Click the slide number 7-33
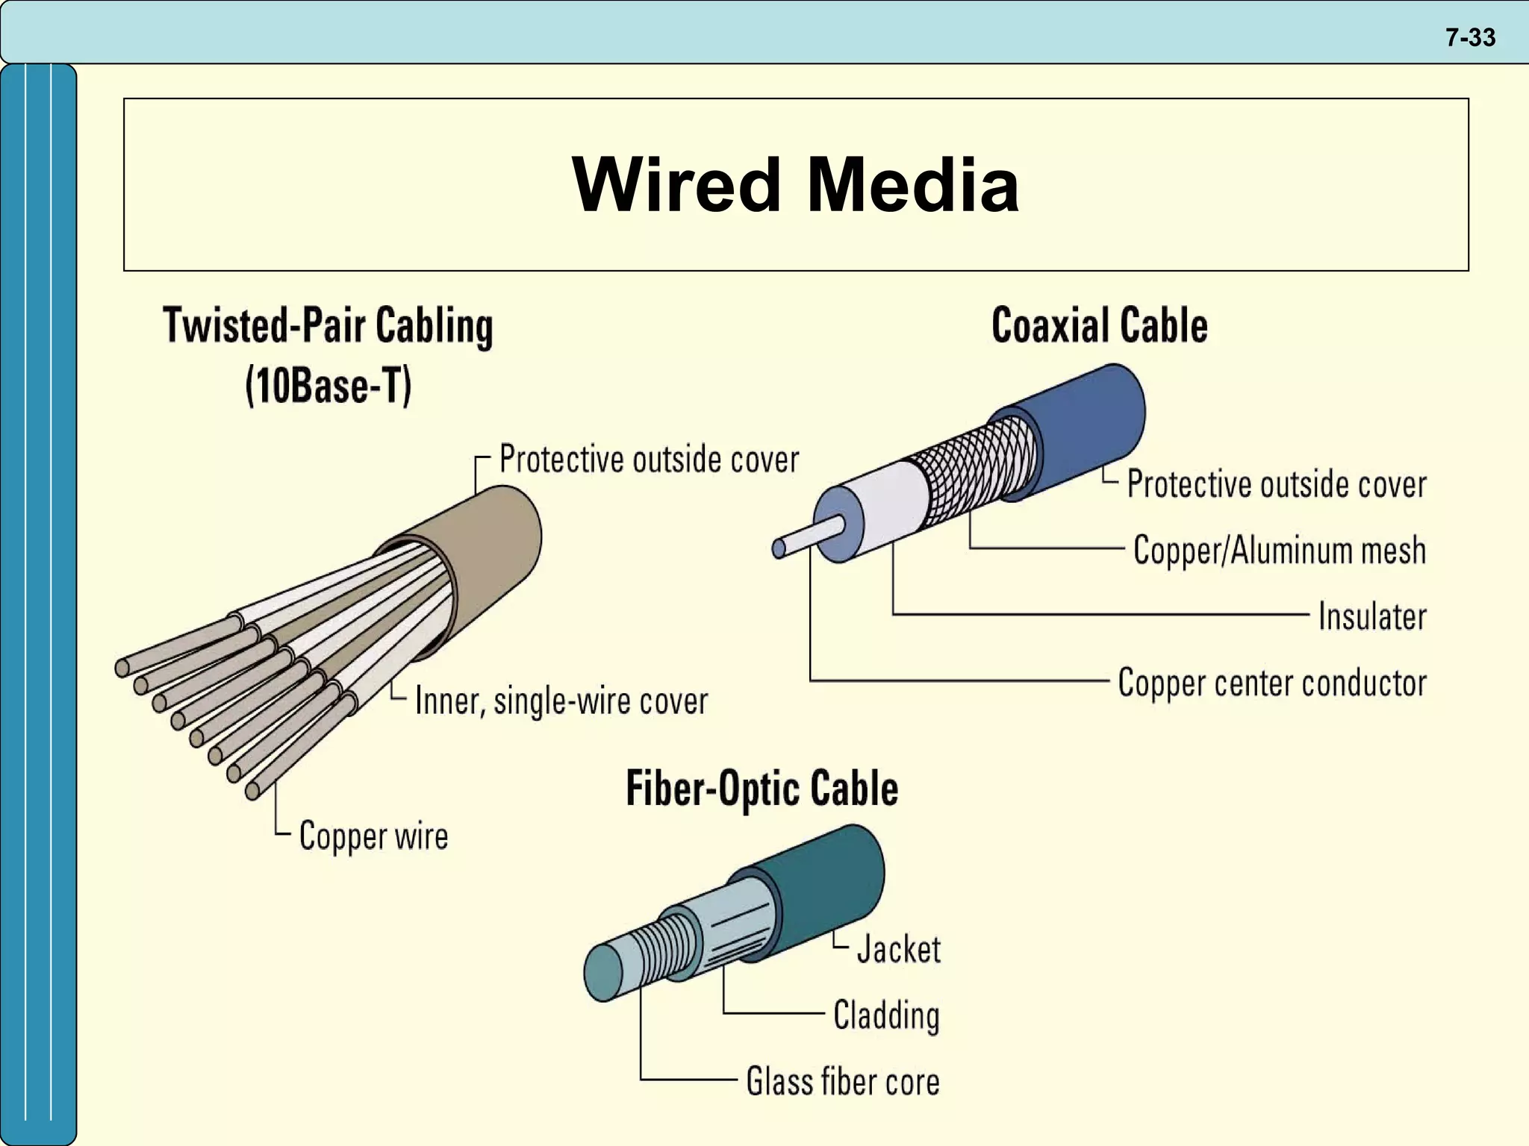(1470, 37)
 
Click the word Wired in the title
(676, 184)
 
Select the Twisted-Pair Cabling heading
(328, 326)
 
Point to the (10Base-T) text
(328, 386)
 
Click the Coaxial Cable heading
(1099, 326)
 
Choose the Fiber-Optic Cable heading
(762, 789)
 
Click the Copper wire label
(373, 836)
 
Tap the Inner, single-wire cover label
(561, 701)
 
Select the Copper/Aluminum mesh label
(1279, 550)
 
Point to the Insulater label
(1371, 616)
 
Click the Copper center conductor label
(1271, 683)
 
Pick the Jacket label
(898, 949)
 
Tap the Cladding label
(886, 1015)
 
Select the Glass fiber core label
(843, 1082)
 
